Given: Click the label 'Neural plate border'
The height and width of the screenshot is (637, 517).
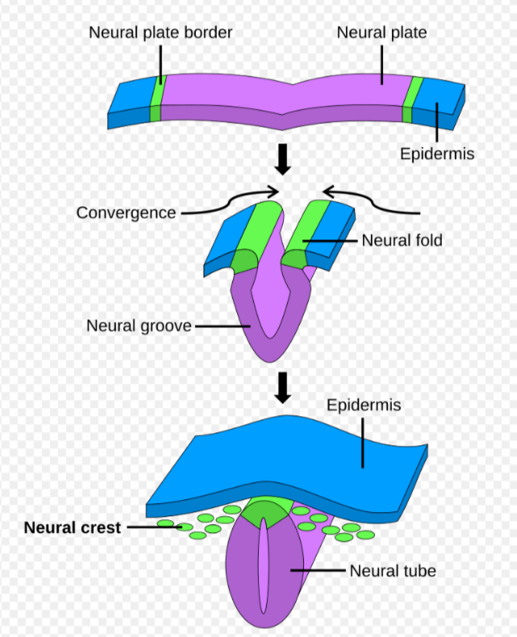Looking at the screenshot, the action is tap(161, 32).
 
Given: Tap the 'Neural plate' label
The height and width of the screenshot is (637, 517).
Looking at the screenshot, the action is tap(381, 32).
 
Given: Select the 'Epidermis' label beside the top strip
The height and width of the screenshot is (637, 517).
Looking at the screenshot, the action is tap(437, 154).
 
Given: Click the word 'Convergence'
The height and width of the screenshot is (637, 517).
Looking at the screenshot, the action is tap(126, 213).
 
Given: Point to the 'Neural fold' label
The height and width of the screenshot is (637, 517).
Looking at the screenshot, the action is tap(402, 240).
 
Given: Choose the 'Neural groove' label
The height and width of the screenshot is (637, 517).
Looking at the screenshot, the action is tap(139, 326).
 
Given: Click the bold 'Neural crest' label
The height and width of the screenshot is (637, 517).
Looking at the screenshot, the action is tap(73, 527).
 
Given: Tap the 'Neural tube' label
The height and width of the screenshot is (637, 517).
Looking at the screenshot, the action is tap(393, 571).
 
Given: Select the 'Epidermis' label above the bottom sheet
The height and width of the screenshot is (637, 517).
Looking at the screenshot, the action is tap(364, 405).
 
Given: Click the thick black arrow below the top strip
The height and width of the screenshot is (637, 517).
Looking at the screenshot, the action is tap(282, 159).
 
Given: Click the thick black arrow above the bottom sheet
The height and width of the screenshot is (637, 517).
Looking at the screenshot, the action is tap(282, 387).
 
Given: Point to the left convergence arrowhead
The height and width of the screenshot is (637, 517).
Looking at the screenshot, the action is tap(274, 191).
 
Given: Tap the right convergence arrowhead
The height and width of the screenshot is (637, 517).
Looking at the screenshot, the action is tap(328, 191).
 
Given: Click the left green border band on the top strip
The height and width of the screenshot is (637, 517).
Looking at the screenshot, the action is tap(156, 98).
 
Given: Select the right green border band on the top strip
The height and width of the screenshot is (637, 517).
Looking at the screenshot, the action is tap(413, 99).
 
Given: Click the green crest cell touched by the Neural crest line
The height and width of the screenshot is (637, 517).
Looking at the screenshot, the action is tap(185, 527).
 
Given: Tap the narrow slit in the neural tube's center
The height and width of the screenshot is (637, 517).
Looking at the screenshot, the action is tap(264, 564).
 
